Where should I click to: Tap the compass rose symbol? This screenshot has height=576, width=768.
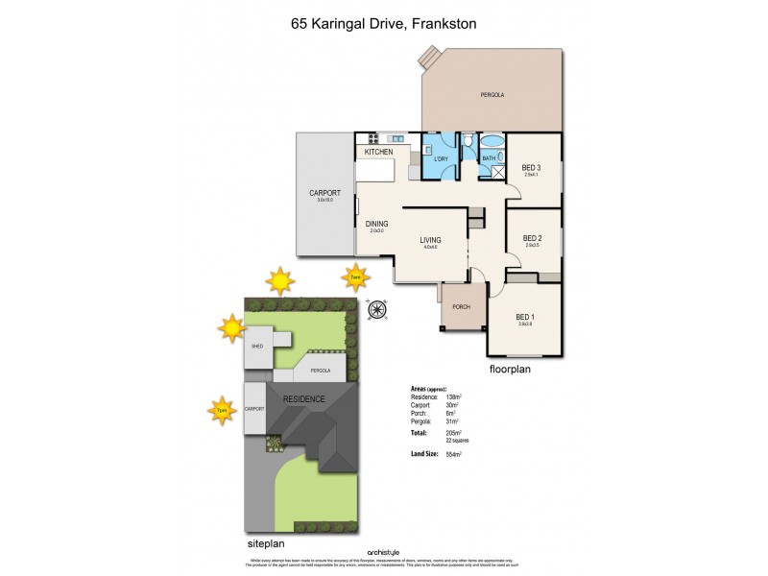coord(376,308)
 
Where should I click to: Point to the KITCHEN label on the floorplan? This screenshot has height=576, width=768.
coord(378,152)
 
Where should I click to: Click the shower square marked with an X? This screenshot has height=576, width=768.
coord(498,173)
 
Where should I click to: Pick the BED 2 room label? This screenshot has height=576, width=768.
coord(533,239)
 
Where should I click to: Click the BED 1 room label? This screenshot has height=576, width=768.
coord(525,317)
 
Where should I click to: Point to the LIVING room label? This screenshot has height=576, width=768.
coord(430,241)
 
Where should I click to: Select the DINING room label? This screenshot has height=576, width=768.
coord(376,225)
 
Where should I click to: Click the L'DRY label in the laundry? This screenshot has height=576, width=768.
coord(442,158)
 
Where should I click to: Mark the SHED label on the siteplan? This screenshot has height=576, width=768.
coord(256,346)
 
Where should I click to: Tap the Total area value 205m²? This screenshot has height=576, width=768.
coord(451,433)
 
